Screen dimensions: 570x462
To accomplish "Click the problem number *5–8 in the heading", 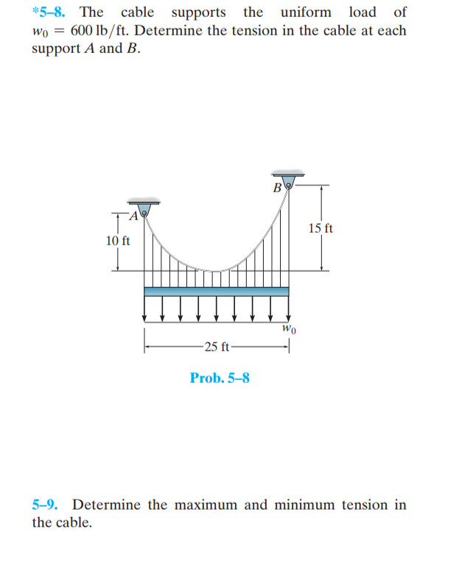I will click(x=52, y=13).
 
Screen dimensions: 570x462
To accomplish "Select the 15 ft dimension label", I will click(x=321, y=228).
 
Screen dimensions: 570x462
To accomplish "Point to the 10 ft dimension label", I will click(x=118, y=241).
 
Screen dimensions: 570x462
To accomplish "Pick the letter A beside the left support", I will click(x=133, y=216).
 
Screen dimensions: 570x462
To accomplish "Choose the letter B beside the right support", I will click(x=277, y=187).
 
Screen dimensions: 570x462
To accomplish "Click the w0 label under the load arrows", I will click(x=290, y=328).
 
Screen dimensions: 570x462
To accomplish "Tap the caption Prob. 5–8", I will click(x=220, y=379).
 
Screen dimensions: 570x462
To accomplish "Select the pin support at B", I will click(x=289, y=181).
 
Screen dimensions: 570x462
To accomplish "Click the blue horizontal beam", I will click(x=217, y=292).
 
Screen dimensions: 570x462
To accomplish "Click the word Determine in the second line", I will click(x=182, y=32).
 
